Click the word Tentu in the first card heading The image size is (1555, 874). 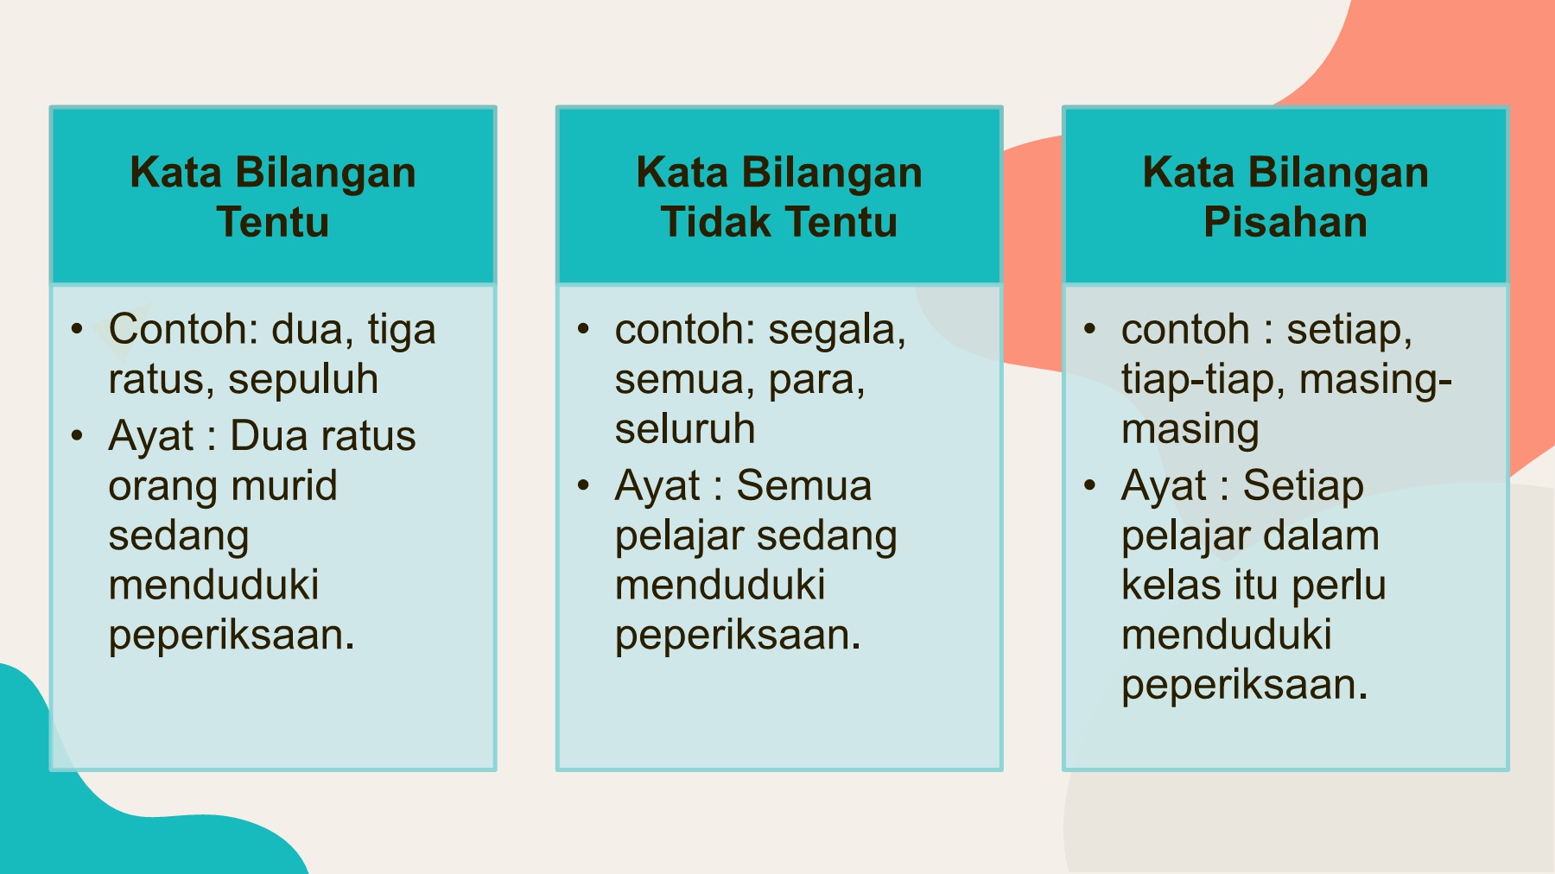pyautogui.click(x=273, y=222)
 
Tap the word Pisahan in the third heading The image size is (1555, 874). pyautogui.click(x=1285, y=222)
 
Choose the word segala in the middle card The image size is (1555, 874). pyautogui.click(x=836, y=331)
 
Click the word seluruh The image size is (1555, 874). pyautogui.click(x=685, y=429)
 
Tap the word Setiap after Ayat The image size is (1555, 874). pyautogui.click(x=1303, y=485)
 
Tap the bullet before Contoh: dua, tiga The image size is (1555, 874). pyautogui.click(x=78, y=329)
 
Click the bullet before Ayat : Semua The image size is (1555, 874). pyautogui.click(x=584, y=485)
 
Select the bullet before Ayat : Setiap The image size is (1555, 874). pyautogui.click(x=1090, y=485)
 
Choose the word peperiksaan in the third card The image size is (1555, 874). pyautogui.click(x=1243, y=686)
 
